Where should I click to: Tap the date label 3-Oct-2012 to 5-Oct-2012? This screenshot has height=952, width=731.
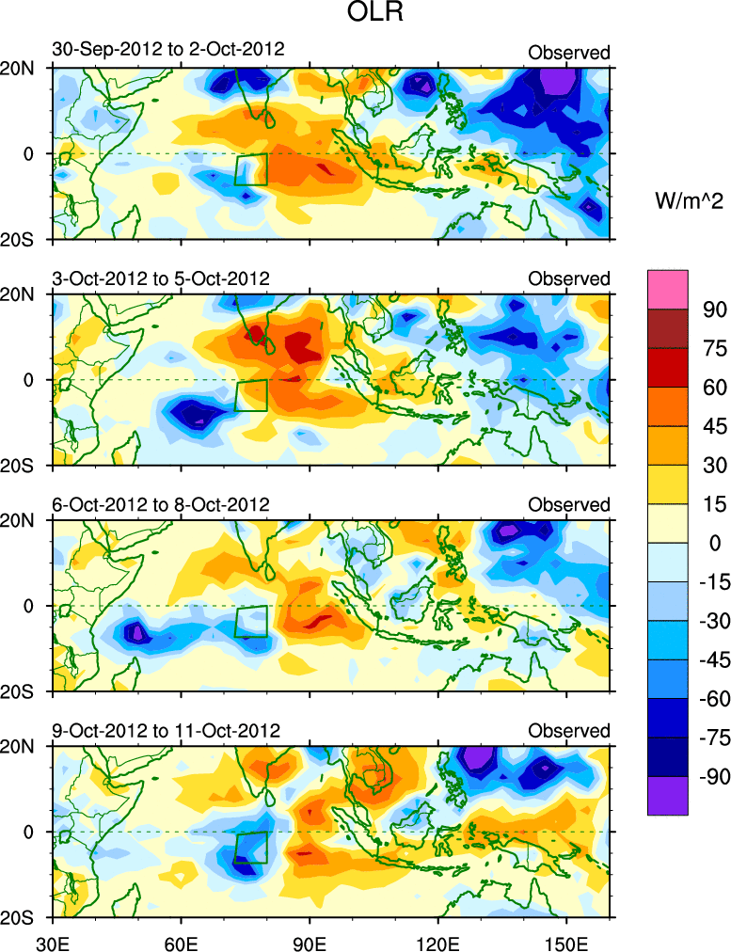coord(161,278)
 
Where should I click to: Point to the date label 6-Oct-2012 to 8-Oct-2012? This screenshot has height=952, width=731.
coord(161,505)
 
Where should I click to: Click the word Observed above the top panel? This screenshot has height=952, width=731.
coord(568,53)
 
